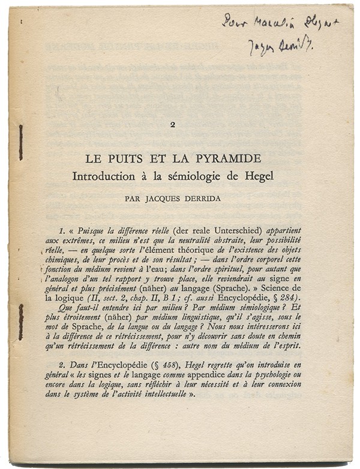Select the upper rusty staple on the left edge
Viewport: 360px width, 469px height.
20,142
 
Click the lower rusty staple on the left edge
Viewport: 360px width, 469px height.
20,321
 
